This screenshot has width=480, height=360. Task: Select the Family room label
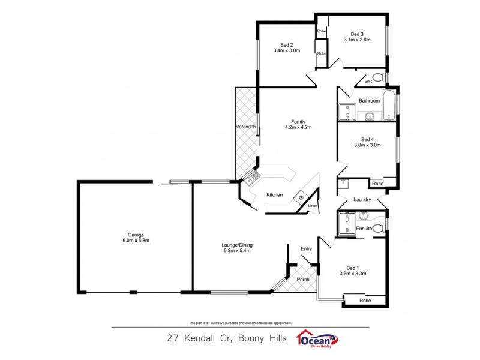298,121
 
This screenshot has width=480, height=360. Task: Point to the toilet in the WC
378,77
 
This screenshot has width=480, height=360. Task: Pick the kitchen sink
251,176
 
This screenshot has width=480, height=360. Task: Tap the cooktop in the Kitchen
300,197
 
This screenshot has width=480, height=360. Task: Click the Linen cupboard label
312,206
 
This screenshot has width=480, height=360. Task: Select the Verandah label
246,127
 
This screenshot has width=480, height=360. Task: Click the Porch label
303,279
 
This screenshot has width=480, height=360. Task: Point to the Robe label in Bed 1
365,300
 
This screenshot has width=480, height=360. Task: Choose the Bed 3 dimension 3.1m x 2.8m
357,40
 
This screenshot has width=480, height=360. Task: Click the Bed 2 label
286,44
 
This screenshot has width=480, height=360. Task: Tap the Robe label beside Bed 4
377,184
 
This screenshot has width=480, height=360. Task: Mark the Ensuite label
364,229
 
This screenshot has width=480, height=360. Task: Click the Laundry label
362,200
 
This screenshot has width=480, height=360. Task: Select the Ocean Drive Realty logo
317,339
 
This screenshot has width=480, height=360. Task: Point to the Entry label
306,248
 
